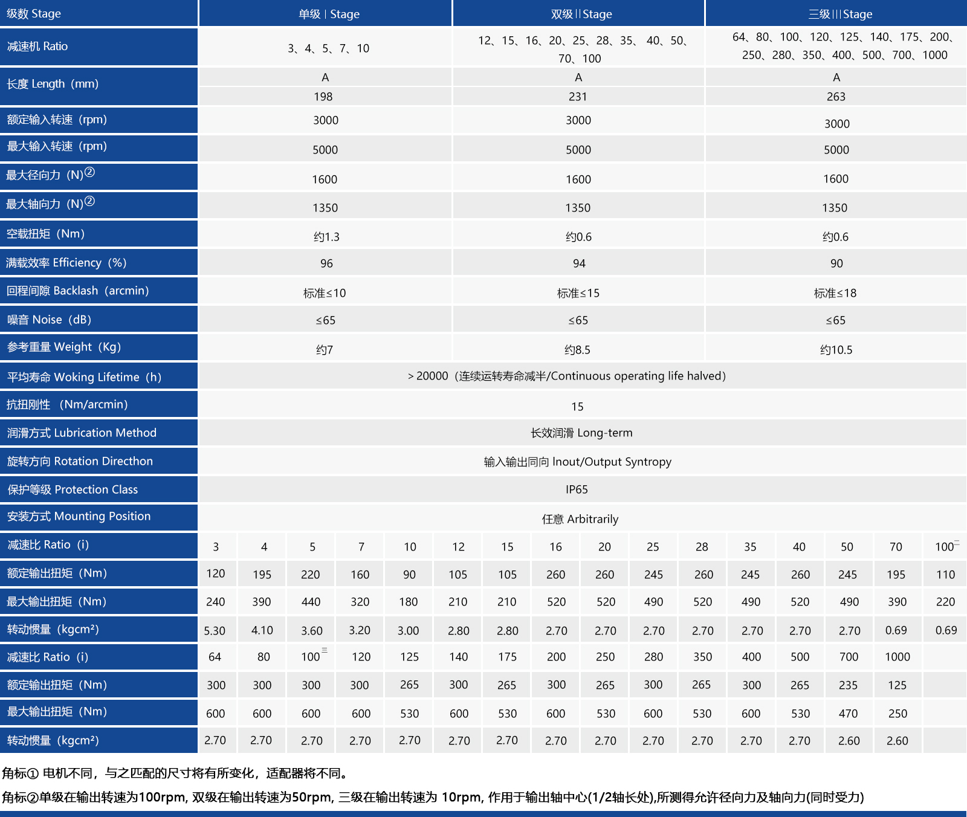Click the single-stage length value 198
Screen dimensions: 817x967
point(323,97)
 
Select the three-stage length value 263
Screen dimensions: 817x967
point(836,97)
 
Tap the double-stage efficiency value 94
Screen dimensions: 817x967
point(579,263)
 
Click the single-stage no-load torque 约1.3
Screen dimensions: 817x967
point(326,237)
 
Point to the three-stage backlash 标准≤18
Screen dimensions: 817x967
point(835,293)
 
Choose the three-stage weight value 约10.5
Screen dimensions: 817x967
point(836,350)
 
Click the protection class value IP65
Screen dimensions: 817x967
point(577,489)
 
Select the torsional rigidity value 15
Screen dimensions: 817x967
point(577,407)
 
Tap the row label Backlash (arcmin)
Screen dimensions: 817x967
point(77,291)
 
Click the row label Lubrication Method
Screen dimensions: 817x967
point(82,433)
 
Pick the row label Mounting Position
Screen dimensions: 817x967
point(79,516)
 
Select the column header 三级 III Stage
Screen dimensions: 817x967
point(840,14)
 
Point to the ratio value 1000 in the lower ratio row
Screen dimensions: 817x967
point(897,657)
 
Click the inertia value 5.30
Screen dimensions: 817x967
point(215,631)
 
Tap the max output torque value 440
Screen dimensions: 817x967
point(311,602)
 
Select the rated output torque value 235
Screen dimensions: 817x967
point(848,685)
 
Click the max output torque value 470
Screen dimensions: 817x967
point(848,714)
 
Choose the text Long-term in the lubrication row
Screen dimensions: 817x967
point(604,433)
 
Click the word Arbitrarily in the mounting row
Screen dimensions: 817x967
point(593,519)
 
